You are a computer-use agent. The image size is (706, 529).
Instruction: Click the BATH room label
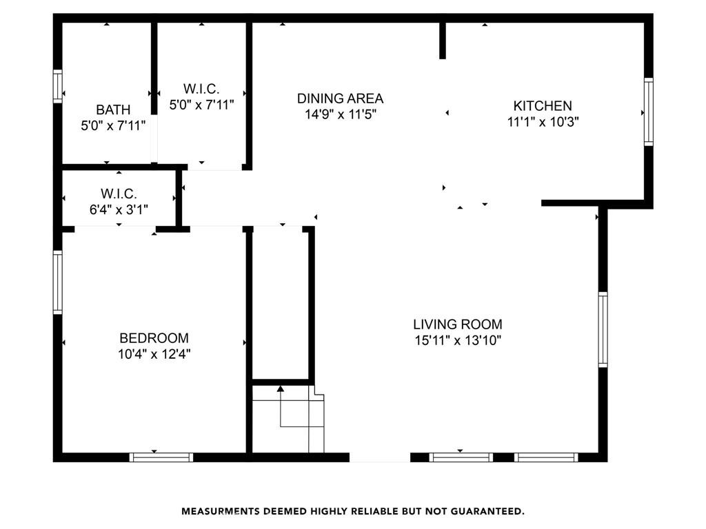tap(113, 110)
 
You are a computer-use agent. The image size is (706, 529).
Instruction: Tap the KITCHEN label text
tap(543, 105)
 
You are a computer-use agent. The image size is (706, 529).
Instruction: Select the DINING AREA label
tap(340, 98)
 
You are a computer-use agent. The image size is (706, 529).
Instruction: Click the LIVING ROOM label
tap(458, 324)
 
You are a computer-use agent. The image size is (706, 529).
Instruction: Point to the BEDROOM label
tap(154, 338)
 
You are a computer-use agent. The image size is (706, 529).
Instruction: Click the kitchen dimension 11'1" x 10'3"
tap(543, 122)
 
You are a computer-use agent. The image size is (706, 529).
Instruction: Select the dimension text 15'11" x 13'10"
tap(458, 340)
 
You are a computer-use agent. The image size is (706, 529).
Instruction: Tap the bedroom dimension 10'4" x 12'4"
tap(154, 354)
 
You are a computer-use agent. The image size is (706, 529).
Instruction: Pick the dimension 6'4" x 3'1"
tap(119, 209)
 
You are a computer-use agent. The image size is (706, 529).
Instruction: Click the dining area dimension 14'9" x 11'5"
tap(341, 114)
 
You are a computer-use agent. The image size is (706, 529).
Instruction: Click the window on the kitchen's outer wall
tap(648, 112)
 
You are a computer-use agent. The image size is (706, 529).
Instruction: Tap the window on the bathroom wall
tap(58, 86)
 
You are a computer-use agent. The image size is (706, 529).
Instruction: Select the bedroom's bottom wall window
tap(161, 457)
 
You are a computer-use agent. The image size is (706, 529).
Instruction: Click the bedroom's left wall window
tap(58, 282)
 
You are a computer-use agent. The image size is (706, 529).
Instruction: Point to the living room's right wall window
tap(603, 329)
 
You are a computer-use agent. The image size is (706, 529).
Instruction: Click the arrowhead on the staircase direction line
tap(281, 388)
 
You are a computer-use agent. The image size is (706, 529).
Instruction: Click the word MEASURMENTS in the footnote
tap(221, 512)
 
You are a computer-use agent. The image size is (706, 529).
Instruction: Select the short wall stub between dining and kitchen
tap(443, 41)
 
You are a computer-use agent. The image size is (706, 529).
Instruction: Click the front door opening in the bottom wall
tap(380, 457)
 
